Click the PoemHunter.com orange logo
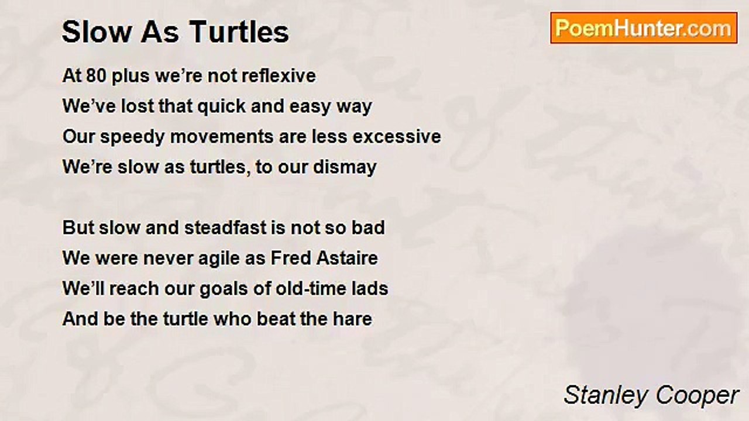(644, 28)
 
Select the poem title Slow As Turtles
(175, 32)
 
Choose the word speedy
(132, 137)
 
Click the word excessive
(397, 137)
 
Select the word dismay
(345, 168)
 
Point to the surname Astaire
(347, 258)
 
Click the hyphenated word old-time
(311, 288)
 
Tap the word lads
(369, 288)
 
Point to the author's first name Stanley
(607, 396)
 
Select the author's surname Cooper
(697, 396)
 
